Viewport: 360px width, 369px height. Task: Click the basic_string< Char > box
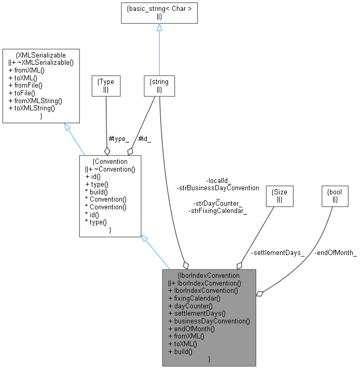[x=159, y=12]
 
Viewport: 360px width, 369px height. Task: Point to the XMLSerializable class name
[x=41, y=55]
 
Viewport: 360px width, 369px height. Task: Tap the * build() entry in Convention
[x=97, y=191]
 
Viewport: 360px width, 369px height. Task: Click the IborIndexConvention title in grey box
[x=209, y=275]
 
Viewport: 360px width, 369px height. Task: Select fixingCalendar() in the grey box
[x=195, y=298]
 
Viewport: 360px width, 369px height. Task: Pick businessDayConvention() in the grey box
[x=209, y=321]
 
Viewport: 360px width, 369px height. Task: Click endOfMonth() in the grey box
[x=191, y=329]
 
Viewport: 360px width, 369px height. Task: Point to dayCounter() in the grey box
[x=190, y=306]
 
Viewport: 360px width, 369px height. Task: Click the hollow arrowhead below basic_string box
[x=159, y=27]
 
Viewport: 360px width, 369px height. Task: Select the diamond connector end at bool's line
[x=260, y=294]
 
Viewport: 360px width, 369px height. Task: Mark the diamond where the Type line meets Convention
[x=107, y=150]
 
